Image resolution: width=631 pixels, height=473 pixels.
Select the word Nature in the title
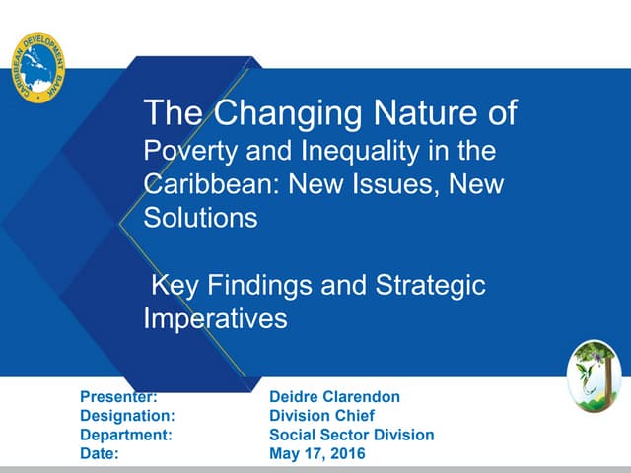(419, 114)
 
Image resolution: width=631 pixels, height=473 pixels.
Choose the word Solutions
(201, 218)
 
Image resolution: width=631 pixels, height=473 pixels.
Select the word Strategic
(432, 286)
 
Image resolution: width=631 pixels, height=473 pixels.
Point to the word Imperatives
(215, 318)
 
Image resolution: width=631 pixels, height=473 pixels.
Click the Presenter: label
(118, 397)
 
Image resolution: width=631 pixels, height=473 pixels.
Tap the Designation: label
(127, 416)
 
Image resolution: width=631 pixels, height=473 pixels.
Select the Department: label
(126, 435)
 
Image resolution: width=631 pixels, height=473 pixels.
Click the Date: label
(100, 453)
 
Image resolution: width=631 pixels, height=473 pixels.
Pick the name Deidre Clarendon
(334, 397)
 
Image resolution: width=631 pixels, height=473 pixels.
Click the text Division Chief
(321, 416)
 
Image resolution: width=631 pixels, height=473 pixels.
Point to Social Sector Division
(351, 435)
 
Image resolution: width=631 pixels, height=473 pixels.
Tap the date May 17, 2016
(316, 453)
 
